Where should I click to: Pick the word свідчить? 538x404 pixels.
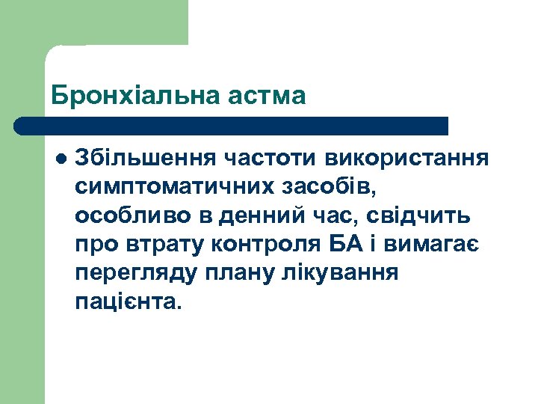pos(424,216)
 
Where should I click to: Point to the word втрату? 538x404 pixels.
pos(160,245)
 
